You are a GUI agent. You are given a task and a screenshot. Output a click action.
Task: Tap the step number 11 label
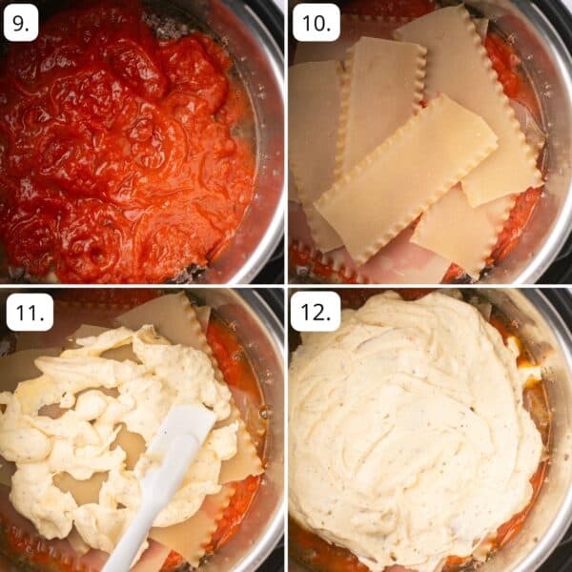point(29,312)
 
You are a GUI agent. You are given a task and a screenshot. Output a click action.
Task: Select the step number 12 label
point(315,312)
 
